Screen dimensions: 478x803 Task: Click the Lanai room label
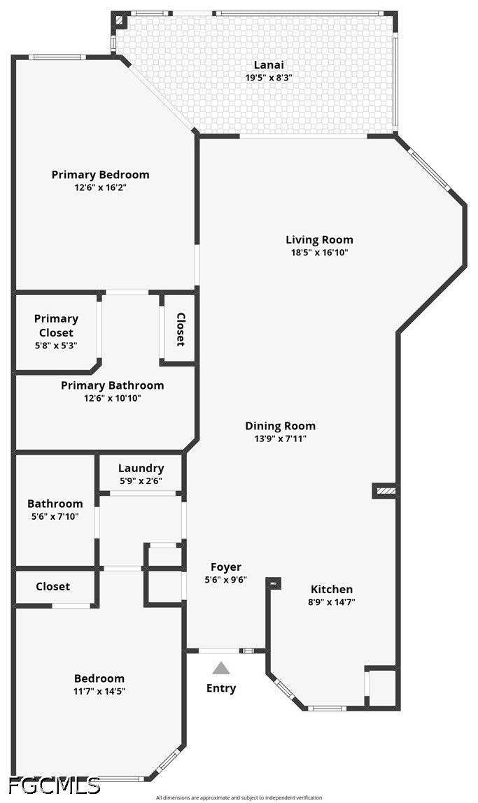click(269, 65)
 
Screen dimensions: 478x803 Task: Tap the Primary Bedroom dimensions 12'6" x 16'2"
click(100, 187)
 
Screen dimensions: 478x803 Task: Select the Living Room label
click(319, 240)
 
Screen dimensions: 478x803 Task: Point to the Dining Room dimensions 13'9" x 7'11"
click(280, 439)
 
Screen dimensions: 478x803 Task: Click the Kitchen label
click(332, 589)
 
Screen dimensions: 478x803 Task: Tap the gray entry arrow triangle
click(221, 668)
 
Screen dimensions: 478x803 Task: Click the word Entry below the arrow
click(221, 688)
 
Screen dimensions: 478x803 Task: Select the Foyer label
click(226, 567)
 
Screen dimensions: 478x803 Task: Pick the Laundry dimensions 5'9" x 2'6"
click(141, 481)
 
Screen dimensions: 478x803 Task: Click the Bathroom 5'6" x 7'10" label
click(55, 509)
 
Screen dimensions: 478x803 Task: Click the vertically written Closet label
click(181, 329)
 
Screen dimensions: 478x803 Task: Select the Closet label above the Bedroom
click(52, 586)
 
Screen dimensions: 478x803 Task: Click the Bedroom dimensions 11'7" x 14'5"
click(99, 691)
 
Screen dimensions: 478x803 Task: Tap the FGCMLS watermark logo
click(54, 785)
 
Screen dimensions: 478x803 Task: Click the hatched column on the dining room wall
click(385, 490)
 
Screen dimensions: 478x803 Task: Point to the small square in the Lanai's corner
click(120, 21)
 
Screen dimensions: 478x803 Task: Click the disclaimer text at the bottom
click(239, 797)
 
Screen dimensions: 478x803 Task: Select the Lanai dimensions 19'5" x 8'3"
click(269, 78)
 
